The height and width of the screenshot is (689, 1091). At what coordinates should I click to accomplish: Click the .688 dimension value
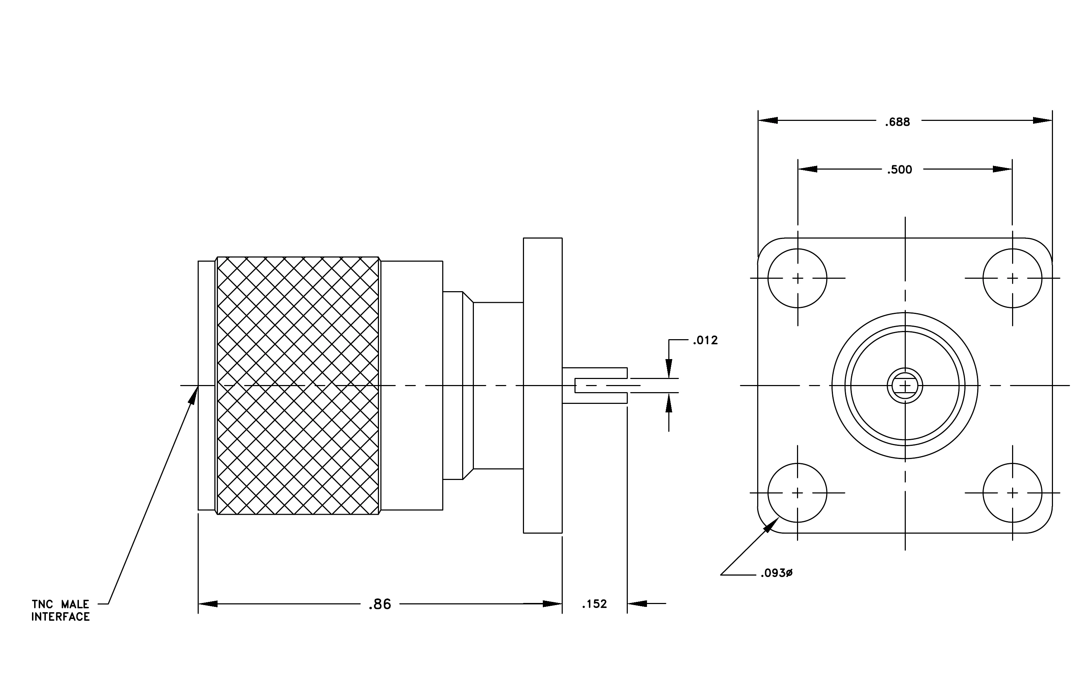(898, 122)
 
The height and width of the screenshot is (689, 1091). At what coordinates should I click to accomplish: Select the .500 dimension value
(899, 170)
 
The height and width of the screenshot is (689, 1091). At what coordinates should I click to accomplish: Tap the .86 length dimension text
(380, 604)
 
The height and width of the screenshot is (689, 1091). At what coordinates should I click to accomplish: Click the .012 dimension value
(705, 340)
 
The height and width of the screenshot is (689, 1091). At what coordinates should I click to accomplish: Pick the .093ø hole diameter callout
(776, 573)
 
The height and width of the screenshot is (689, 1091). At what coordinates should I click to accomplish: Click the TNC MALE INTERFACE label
(61, 611)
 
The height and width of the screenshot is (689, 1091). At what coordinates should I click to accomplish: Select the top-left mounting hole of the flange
(797, 278)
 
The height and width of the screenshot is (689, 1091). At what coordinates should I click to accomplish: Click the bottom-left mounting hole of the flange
(797, 493)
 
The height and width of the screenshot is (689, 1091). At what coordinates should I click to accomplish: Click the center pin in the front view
(905, 385)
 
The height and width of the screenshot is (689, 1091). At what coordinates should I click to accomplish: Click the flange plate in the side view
(543, 385)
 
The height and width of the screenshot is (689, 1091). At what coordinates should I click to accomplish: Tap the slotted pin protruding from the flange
(595, 385)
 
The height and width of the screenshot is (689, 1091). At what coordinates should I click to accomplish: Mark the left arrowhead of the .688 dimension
(768, 121)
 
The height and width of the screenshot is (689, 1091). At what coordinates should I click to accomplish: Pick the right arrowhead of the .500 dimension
(1002, 169)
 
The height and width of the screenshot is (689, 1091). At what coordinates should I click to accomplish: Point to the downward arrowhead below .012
(669, 368)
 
